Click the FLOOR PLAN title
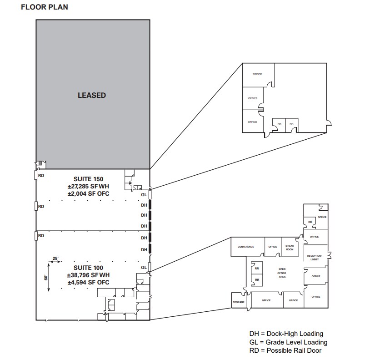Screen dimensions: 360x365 [x=45, y=8]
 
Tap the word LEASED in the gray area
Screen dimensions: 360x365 [x=91, y=95]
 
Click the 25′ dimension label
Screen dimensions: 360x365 [x=56, y=258]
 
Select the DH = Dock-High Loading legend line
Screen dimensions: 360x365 [x=286, y=334]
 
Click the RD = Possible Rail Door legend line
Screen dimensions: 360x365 [x=285, y=350]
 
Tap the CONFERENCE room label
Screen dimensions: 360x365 [x=245, y=247]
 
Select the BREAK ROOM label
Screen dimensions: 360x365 [x=290, y=248]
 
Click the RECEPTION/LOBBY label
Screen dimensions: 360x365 [x=315, y=258]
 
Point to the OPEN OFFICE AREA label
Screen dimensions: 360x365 [x=282, y=273]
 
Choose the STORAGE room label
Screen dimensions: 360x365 [x=238, y=302]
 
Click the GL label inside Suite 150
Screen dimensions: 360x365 [x=144, y=194]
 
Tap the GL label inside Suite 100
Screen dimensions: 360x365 [x=144, y=267]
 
